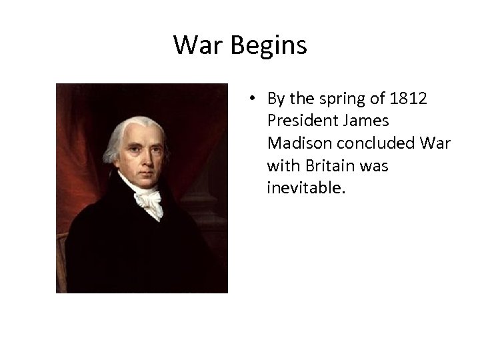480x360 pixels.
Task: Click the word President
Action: pos(298,122)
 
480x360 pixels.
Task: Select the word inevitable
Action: pos(306,188)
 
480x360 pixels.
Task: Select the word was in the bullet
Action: pos(373,166)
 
